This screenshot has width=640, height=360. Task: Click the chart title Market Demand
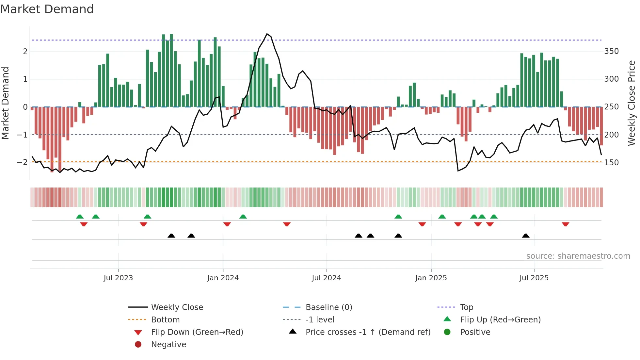tap(47, 9)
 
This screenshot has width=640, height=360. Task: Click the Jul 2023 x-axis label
tap(118, 278)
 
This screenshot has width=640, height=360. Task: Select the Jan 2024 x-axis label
tap(223, 278)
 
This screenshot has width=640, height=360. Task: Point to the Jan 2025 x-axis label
tap(431, 278)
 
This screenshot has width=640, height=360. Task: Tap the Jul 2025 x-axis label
tap(534, 278)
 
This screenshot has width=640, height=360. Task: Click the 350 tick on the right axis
tap(611, 51)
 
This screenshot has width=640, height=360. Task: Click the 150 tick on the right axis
tap(611, 162)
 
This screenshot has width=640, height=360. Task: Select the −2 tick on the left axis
tap(22, 162)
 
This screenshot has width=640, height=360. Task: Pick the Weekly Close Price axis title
tap(632, 103)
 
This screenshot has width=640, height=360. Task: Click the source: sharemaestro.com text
tap(578, 256)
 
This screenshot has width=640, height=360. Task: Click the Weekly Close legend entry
tap(177, 307)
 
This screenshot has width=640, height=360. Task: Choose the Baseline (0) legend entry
tap(329, 307)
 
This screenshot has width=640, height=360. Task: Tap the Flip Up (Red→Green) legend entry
tap(500, 320)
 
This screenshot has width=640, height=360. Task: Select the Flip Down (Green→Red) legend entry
tap(197, 332)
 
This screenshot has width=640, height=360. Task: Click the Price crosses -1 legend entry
tap(368, 332)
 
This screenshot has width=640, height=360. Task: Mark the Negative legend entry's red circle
tap(138, 345)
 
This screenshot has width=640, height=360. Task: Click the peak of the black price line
tap(267, 34)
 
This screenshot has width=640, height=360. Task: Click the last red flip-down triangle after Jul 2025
tap(566, 224)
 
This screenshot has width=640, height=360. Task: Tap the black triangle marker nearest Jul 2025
tap(526, 236)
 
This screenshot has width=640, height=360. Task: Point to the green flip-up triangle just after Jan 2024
tap(243, 217)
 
